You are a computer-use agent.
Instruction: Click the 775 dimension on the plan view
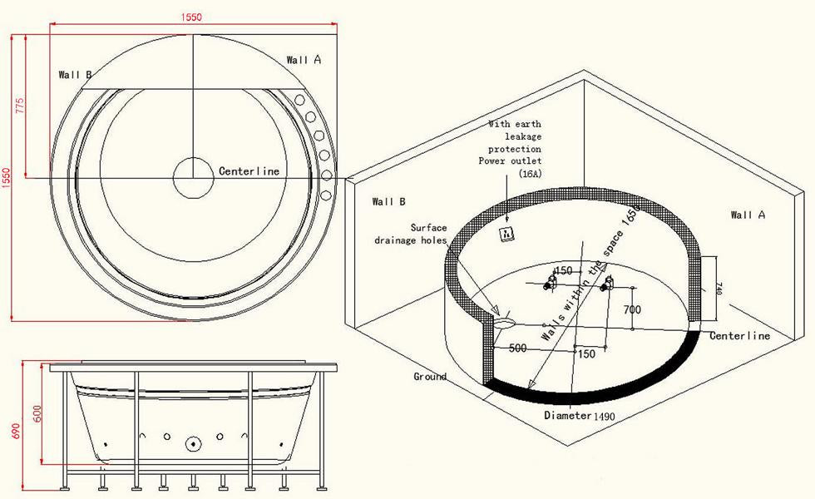pos(20,106)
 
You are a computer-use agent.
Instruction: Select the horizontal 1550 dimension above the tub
pos(191,17)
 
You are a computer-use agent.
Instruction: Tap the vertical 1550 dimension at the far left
pos(6,178)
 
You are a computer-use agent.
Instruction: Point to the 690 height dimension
pos(16,431)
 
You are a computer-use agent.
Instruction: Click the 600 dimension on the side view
pos(37,413)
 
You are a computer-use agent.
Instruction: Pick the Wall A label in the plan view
pos(304,60)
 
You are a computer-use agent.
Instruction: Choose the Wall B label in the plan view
pos(76,75)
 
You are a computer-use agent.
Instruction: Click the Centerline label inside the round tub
pos(249,171)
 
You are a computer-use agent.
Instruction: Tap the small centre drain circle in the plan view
pos(193,177)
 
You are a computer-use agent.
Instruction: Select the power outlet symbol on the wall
pos(506,235)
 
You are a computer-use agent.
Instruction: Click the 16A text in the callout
pos(531,174)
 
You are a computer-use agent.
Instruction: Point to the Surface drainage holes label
pos(411,234)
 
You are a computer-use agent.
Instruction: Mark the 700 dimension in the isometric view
pos(632,309)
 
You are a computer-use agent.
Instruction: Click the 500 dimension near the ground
pos(517,348)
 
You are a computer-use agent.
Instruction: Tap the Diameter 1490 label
pos(580,415)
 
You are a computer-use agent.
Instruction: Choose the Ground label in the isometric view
pos(430,376)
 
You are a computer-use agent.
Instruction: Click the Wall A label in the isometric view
pos(748,215)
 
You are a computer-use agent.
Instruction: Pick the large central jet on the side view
pos(193,443)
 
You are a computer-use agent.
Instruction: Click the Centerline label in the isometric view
pos(739,336)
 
